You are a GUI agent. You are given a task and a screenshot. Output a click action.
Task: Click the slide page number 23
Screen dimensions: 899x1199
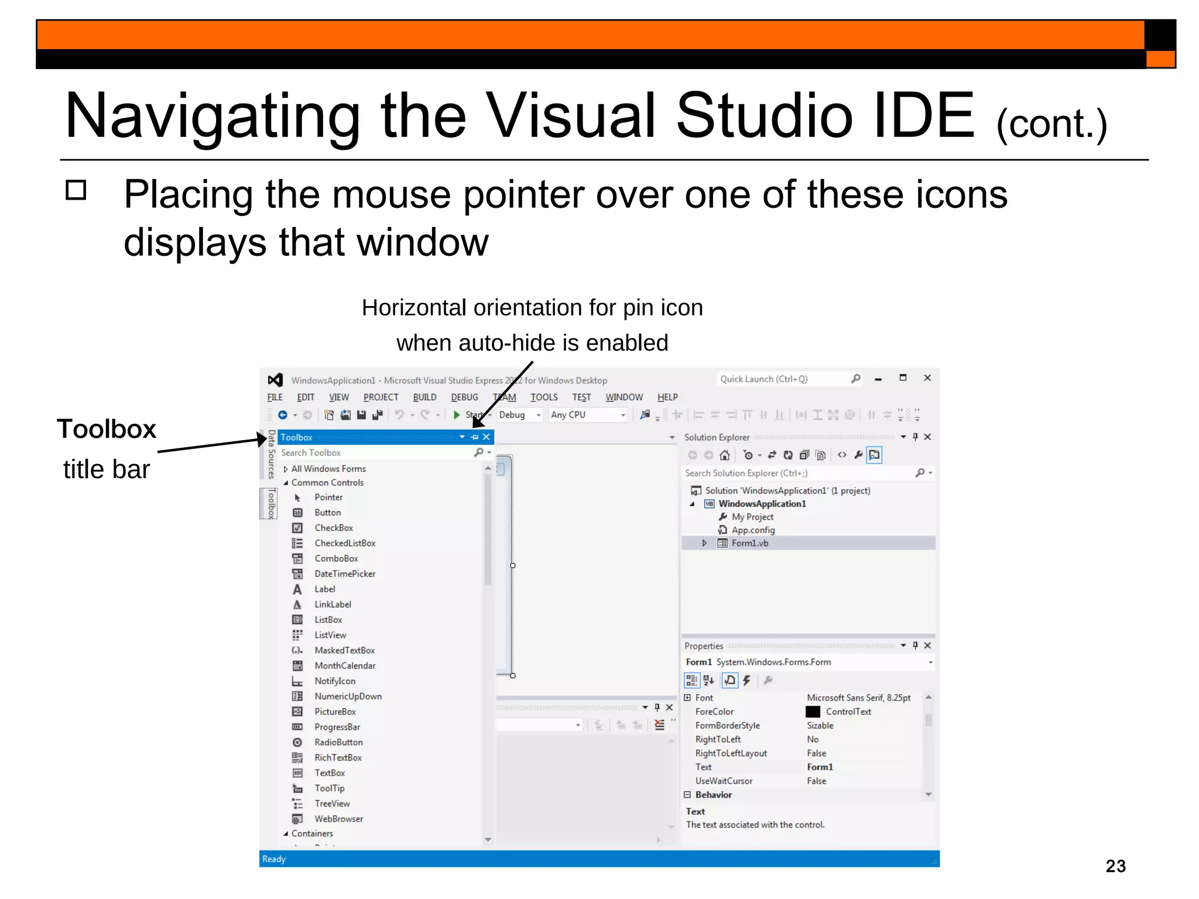click(1115, 866)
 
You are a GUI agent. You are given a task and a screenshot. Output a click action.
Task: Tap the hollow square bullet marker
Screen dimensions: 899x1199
click(76, 190)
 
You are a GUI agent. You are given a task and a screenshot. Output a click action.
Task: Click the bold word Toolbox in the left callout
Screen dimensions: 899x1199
click(107, 429)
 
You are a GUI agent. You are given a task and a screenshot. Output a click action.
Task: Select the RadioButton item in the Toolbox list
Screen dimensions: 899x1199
click(338, 742)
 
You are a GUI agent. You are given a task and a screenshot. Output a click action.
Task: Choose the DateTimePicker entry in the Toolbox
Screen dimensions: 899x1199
click(344, 574)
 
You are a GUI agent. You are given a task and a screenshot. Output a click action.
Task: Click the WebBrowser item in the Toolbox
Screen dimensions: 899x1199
click(338, 819)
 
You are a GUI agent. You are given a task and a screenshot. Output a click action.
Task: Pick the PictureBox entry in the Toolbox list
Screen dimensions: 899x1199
click(335, 712)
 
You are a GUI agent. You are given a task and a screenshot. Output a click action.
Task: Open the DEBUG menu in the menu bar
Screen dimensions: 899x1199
click(464, 397)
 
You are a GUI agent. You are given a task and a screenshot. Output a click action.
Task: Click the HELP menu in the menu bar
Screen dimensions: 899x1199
click(667, 397)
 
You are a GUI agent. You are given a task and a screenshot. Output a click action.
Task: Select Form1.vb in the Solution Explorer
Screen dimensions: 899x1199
click(749, 543)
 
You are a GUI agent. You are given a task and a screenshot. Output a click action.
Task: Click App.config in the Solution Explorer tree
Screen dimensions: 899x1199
click(753, 530)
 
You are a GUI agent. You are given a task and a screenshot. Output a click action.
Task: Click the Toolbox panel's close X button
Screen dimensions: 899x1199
click(487, 437)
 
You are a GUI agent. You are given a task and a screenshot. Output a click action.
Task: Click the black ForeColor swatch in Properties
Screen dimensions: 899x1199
click(813, 712)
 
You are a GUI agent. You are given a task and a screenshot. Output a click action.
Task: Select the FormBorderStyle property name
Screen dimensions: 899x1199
click(727, 726)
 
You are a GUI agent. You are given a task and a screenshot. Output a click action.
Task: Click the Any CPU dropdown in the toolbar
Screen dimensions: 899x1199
click(587, 415)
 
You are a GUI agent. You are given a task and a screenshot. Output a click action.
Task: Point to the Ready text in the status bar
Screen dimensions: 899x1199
click(274, 859)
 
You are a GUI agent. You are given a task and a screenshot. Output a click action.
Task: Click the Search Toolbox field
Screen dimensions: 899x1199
click(375, 453)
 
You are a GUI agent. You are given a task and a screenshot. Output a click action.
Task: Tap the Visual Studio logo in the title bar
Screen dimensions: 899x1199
click(275, 380)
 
